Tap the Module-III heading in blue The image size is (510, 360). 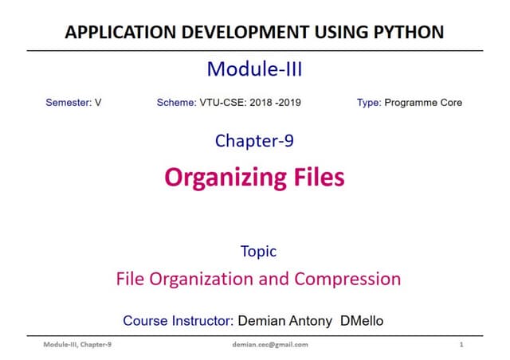[x=254, y=69]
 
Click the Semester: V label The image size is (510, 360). [x=73, y=103]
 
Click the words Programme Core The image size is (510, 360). [x=423, y=103]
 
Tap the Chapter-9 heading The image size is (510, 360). [x=254, y=141]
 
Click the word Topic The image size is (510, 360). [x=258, y=252]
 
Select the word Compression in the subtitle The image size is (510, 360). [x=347, y=280]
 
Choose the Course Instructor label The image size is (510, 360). [x=177, y=321]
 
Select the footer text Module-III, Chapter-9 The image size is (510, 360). [x=76, y=345]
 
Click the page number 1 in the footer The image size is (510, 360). [x=462, y=345]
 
